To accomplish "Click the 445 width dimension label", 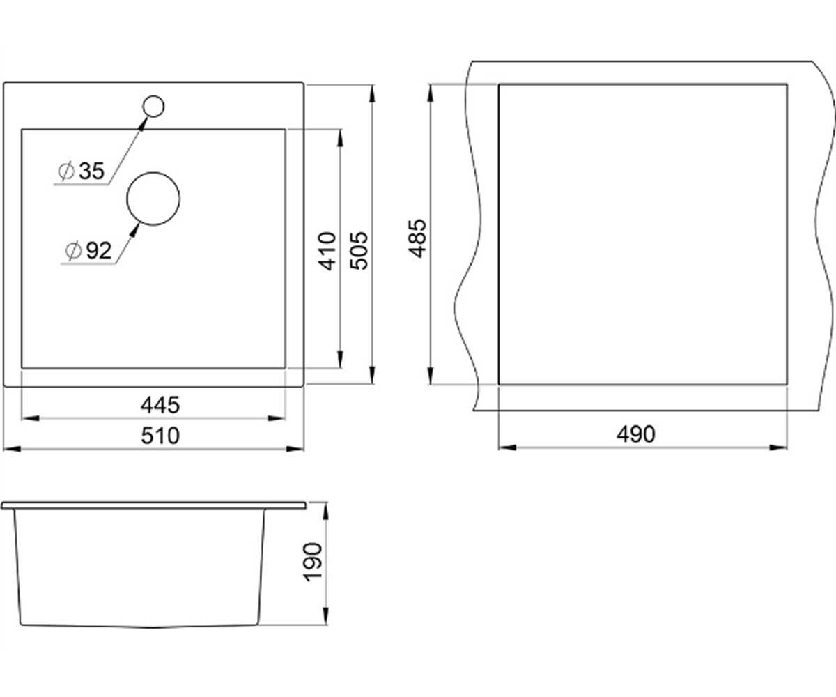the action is pyautogui.click(x=160, y=405).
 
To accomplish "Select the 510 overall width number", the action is pyautogui.click(x=160, y=436).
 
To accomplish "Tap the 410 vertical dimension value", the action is pyautogui.click(x=327, y=251).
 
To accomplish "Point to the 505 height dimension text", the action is pyautogui.click(x=359, y=250).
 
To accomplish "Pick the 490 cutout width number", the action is pyautogui.click(x=636, y=434).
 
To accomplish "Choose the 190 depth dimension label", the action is pyautogui.click(x=313, y=562).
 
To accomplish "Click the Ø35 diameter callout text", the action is pyautogui.click(x=82, y=171).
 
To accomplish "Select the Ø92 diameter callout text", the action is pyautogui.click(x=88, y=251).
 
